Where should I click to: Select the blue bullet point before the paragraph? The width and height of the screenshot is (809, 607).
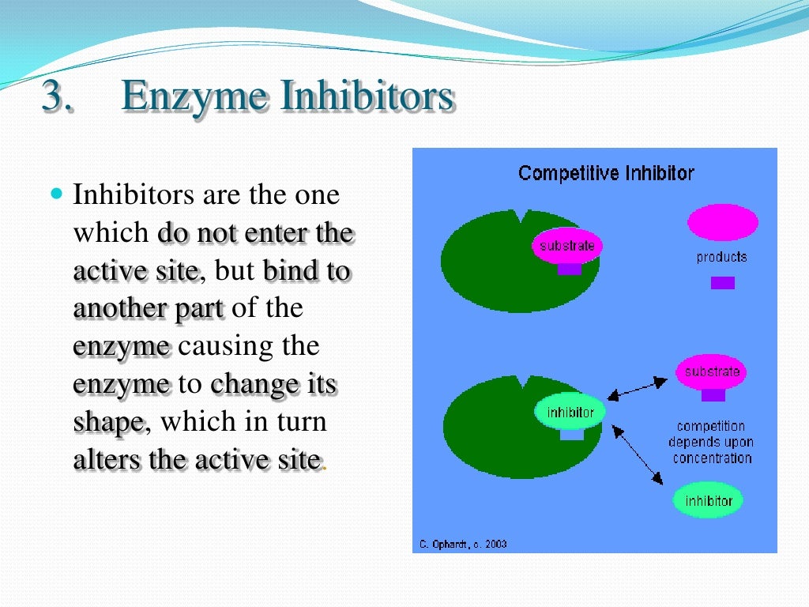(x=55, y=193)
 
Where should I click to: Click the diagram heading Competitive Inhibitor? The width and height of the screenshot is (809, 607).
(x=606, y=173)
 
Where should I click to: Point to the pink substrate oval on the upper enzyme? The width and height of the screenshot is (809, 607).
(x=566, y=246)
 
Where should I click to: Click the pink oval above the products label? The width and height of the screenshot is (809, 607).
(x=722, y=222)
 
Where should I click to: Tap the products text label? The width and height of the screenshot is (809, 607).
(x=721, y=257)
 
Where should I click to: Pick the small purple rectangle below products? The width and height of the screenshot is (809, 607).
(x=722, y=282)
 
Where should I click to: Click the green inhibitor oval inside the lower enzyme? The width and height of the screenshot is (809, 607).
(x=570, y=413)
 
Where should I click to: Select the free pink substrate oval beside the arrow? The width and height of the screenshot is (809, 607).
(x=712, y=371)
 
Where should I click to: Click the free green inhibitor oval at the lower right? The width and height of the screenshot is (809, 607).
(x=709, y=500)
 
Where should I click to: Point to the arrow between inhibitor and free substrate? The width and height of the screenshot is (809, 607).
(x=637, y=388)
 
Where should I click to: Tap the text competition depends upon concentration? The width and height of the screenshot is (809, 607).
(x=711, y=443)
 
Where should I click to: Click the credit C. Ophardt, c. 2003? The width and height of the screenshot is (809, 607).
(x=462, y=544)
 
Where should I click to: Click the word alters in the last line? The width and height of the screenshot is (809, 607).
(x=107, y=459)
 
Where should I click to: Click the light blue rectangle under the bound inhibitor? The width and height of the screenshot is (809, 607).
(x=571, y=435)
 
